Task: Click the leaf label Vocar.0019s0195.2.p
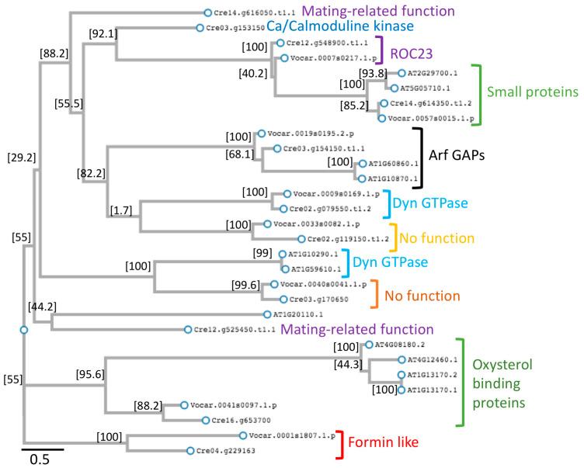tap(308, 135)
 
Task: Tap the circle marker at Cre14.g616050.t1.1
tap(207, 12)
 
